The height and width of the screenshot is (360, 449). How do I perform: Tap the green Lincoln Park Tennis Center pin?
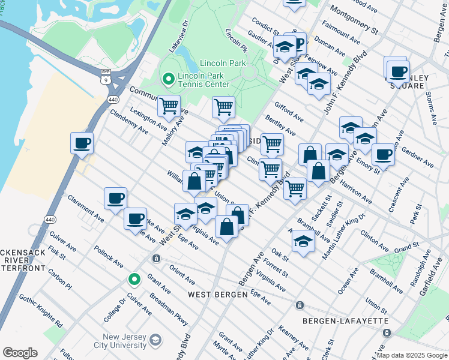coord(167,78)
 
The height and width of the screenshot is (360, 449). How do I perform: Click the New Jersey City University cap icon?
coord(155,340)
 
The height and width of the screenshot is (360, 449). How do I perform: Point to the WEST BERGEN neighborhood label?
coord(217,295)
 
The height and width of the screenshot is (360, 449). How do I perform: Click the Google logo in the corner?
coord(20,353)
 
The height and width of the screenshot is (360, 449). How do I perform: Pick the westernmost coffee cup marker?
coord(82,143)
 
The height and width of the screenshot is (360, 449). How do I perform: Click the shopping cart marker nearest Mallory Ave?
coord(169,106)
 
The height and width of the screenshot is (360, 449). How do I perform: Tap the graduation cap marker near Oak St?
coord(304,242)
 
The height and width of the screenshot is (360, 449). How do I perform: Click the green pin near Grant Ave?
coord(135,279)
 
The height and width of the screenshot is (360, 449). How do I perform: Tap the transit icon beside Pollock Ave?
coord(156,259)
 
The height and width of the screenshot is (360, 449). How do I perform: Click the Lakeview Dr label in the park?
coord(179,36)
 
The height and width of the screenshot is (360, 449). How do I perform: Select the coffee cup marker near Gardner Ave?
coord(383,154)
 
